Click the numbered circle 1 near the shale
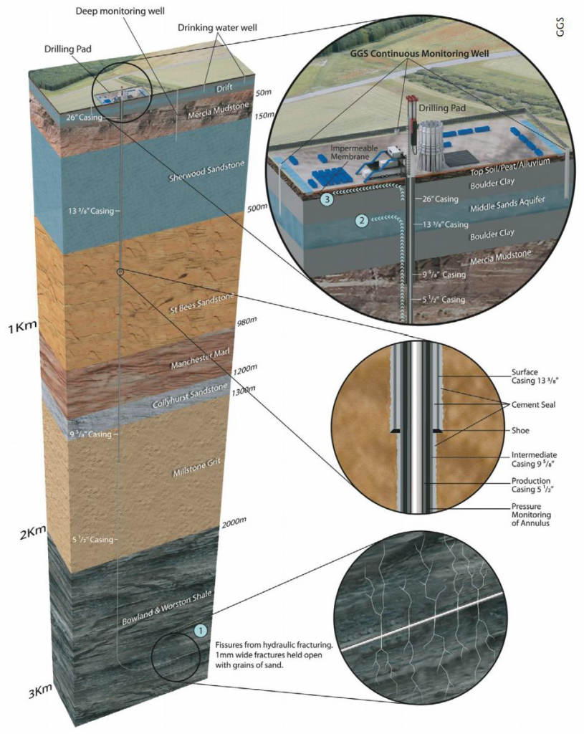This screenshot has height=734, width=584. tap(201, 630)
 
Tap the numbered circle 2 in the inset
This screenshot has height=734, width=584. tap(363, 221)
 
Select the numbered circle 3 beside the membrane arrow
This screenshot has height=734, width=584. tap(327, 200)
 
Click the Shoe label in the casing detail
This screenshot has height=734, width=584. tap(520, 431)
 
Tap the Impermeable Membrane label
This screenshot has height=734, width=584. tap(349, 157)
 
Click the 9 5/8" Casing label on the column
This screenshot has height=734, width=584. tap(90, 434)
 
